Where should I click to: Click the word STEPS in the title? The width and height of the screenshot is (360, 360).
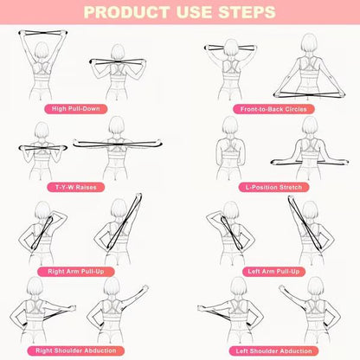click(242, 14)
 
